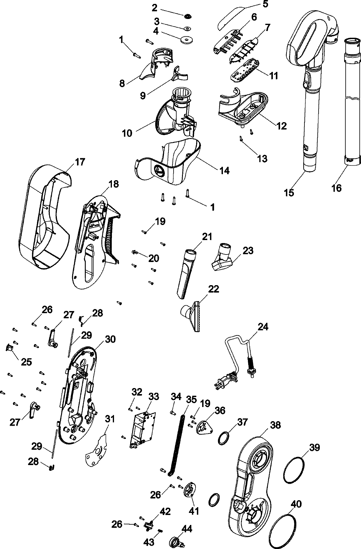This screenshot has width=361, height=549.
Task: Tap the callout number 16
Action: [x=337, y=188]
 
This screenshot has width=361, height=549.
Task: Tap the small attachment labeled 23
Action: [x=223, y=260]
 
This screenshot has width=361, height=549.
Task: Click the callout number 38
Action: [x=275, y=425]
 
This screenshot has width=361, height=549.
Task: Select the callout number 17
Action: [x=80, y=162]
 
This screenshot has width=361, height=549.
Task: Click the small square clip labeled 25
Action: [x=9, y=348]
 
